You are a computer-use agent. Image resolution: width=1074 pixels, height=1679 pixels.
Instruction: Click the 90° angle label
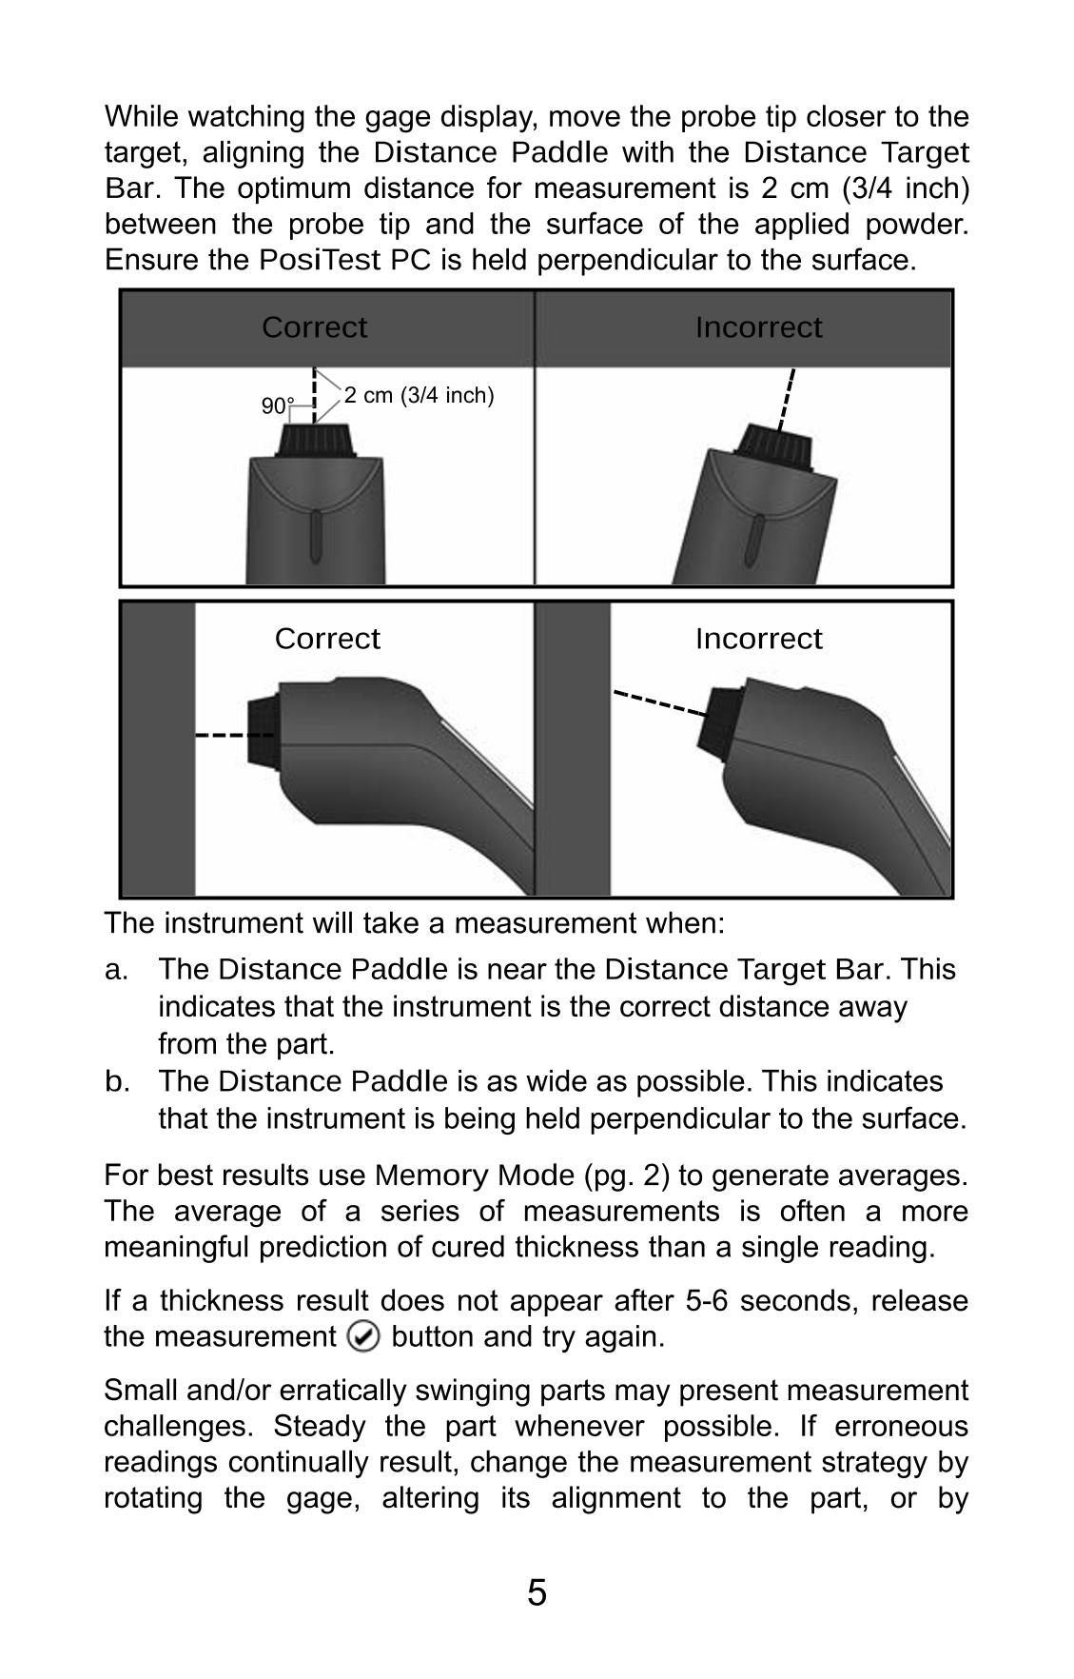pos(277,406)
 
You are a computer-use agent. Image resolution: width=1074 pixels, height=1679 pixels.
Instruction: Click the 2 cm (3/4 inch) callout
pos(419,395)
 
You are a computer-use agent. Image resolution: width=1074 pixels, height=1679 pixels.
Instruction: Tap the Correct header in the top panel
pos(314,327)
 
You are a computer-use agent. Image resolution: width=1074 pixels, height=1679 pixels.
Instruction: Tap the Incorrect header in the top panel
pos(758,327)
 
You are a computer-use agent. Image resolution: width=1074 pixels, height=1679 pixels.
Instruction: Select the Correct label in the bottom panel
pos(326,639)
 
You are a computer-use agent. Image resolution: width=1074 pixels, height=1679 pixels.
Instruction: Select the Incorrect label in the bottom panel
pos(758,639)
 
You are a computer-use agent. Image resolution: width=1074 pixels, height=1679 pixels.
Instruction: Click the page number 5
pos(537,1592)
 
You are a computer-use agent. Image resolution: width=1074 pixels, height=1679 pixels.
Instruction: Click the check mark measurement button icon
pos(363,1337)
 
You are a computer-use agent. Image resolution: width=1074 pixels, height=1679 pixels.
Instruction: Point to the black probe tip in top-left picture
pos(317,441)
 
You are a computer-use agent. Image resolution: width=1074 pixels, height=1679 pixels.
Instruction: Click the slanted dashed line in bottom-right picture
pos(659,702)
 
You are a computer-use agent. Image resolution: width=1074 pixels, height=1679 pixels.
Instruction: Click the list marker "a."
pos(116,970)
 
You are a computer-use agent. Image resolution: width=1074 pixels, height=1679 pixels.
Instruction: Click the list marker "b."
pos(116,1082)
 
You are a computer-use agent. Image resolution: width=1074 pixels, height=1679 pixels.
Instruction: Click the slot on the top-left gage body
pos(316,538)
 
